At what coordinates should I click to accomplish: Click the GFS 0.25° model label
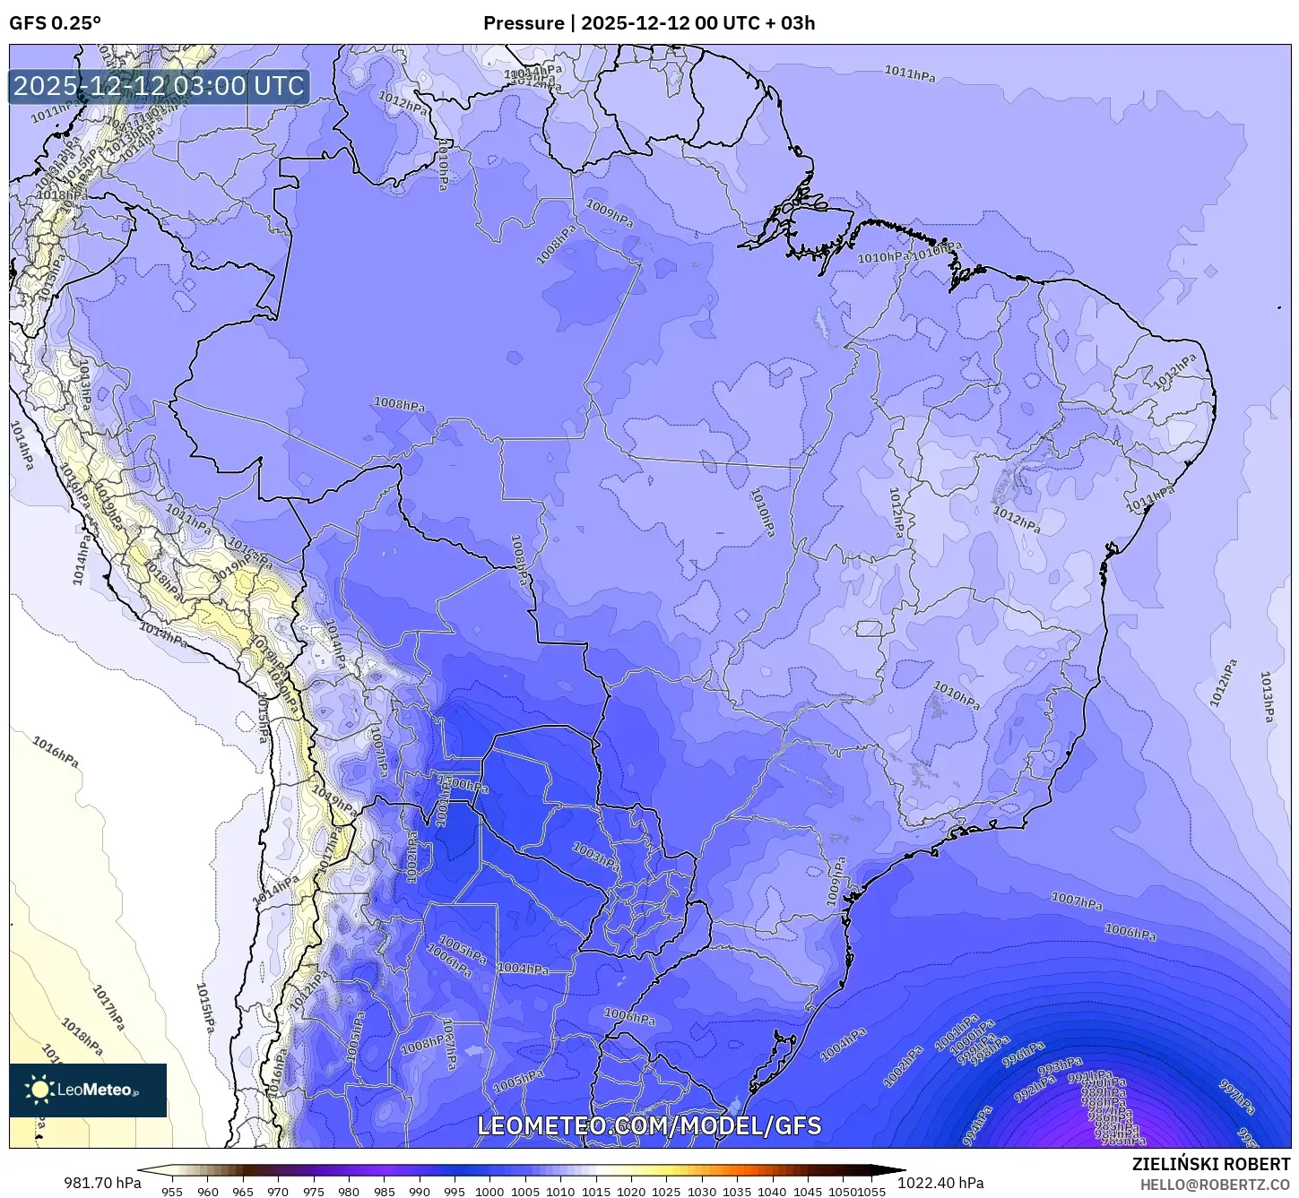point(55,23)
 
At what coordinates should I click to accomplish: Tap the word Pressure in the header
point(523,23)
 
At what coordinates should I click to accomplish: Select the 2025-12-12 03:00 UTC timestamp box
point(159,86)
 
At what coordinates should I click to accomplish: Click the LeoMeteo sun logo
point(40,1090)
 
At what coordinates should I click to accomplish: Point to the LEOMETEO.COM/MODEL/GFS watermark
point(649,1125)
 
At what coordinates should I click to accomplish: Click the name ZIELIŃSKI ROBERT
point(1211,1165)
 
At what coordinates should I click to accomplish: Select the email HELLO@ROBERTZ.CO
point(1215,1185)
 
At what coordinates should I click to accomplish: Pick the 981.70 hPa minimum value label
point(102,1182)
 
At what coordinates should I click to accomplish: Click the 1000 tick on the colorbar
point(489,1191)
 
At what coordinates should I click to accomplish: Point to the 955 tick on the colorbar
point(172,1191)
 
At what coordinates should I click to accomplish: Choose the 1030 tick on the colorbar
point(702,1191)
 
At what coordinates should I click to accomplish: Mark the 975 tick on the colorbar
point(313,1191)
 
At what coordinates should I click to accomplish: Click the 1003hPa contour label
point(595,854)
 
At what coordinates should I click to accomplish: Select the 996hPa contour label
point(1023,1054)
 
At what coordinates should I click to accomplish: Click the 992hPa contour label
point(1035,1091)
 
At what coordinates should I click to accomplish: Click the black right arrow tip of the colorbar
point(902,1169)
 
